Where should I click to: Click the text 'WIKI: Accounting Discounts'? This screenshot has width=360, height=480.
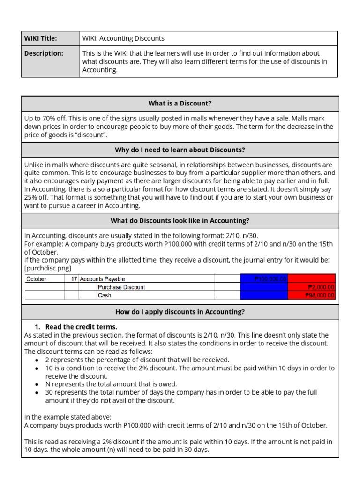tap(123, 38)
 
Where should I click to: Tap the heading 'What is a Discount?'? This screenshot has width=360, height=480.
tap(180, 103)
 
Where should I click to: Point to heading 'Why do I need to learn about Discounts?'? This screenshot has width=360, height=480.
tap(180, 150)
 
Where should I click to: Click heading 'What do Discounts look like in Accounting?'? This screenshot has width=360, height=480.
tap(180, 220)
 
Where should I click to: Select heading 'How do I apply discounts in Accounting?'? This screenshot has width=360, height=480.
tap(180, 312)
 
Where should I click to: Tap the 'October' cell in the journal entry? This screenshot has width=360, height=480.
tap(37, 279)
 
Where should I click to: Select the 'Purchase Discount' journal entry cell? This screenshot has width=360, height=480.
tap(121, 287)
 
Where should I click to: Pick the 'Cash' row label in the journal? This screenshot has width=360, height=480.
tap(104, 295)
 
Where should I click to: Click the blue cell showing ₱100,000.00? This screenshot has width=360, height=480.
tap(264, 279)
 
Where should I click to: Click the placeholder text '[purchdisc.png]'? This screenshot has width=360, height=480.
tap(47, 268)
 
